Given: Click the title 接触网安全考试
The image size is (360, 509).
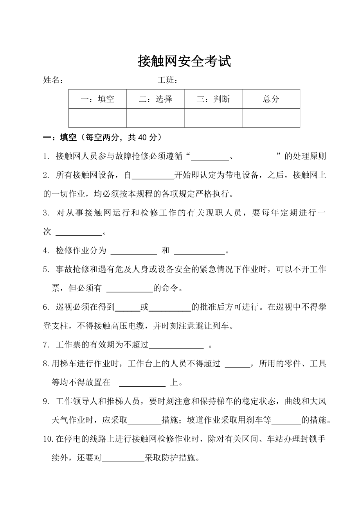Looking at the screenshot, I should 184,61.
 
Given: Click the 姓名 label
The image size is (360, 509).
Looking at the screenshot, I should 53,80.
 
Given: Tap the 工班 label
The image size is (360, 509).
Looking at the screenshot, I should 167,80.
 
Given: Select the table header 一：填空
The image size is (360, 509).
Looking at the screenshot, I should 97,99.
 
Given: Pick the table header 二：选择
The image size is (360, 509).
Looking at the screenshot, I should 155,99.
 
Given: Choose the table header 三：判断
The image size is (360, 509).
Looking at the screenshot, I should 213,99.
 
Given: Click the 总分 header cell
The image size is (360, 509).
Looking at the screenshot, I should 271,99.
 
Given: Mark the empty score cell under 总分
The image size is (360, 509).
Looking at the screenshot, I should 271,118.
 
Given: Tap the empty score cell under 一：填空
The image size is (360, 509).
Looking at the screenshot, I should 97,118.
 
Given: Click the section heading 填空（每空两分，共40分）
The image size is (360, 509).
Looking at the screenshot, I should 102,138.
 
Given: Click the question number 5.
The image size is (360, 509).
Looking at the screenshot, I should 46,270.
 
